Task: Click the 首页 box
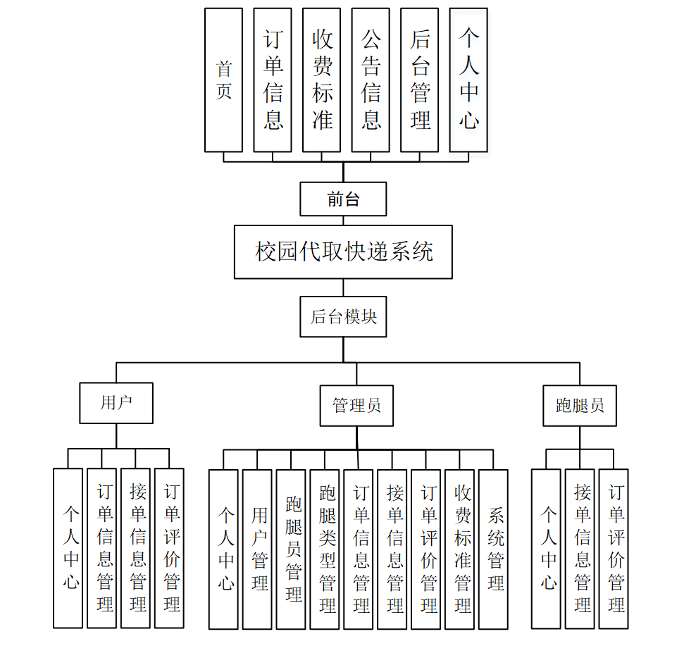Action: point(223,80)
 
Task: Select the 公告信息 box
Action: point(371,80)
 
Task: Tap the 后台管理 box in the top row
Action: point(419,80)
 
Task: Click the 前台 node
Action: point(343,199)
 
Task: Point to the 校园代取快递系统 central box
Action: point(343,251)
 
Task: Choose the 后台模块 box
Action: point(343,316)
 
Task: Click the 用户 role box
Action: point(116,403)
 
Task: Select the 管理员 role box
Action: point(356,406)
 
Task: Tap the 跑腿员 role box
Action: point(579,406)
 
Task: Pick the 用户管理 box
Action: point(257,549)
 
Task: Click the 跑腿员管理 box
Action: point(291,549)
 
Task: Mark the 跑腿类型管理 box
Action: point(325,549)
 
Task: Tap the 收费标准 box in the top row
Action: point(321,80)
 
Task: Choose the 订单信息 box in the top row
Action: point(273,80)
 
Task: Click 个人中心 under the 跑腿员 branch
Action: point(546,549)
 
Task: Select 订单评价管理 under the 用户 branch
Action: point(169,548)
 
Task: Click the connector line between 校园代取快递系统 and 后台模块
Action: point(343,287)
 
